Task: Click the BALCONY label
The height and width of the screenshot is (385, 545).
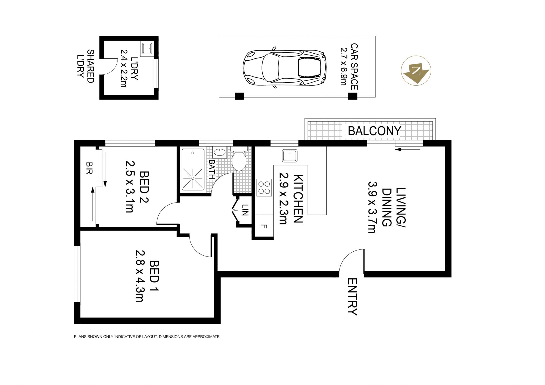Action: (x=374, y=131)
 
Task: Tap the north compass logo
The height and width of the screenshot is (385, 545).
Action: (x=416, y=70)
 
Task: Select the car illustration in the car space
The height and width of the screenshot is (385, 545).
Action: (x=284, y=67)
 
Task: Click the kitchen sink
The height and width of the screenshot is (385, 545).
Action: (x=290, y=156)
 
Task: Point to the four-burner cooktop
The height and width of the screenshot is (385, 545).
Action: (x=264, y=188)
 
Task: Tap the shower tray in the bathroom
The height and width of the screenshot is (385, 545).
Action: (x=193, y=169)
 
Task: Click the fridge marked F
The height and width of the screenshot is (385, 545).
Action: (x=264, y=226)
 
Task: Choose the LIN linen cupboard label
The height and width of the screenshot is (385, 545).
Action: (x=245, y=210)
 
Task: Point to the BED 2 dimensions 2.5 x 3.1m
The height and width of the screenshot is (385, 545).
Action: (x=130, y=187)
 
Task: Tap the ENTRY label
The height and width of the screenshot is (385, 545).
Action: (x=352, y=297)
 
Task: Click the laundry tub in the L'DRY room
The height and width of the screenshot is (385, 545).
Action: (x=147, y=48)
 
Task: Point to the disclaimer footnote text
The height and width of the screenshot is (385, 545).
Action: (x=147, y=337)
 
